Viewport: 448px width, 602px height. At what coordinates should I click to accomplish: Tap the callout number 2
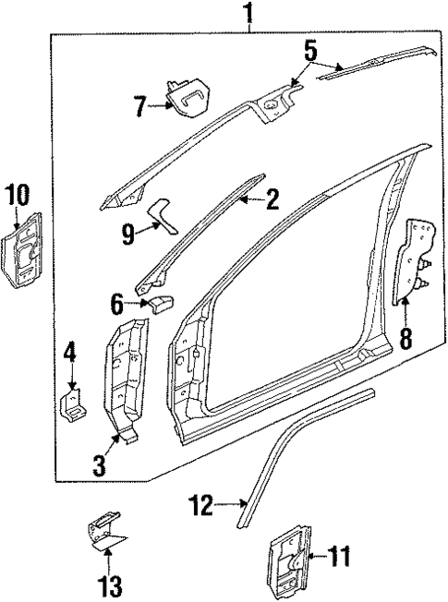(x=272, y=197)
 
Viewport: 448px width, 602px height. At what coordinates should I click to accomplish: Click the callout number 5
(x=311, y=51)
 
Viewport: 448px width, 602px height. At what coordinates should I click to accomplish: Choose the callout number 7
(x=139, y=107)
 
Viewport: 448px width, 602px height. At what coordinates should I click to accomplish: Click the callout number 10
(x=17, y=195)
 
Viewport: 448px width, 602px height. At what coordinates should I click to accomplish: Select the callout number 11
(x=340, y=556)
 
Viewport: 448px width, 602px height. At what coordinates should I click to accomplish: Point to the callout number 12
(x=201, y=505)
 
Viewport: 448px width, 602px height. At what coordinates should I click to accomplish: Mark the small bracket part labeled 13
(x=106, y=530)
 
